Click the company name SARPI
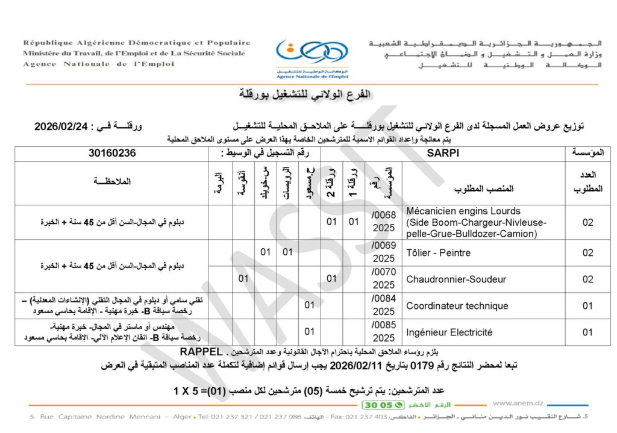pyautogui.click(x=445, y=153)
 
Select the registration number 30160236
pyautogui.click(x=111, y=153)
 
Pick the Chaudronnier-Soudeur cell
pyautogui.click(x=456, y=279)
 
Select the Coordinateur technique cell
pyautogui.click(x=457, y=305)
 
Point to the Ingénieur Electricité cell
pyautogui.click(x=449, y=332)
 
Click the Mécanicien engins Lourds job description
pyautogui.click(x=476, y=222)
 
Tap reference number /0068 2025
pyautogui.click(x=384, y=222)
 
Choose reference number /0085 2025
pyautogui.click(x=384, y=332)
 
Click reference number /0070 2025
pyautogui.click(x=384, y=279)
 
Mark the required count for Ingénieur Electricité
pyautogui.click(x=587, y=332)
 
